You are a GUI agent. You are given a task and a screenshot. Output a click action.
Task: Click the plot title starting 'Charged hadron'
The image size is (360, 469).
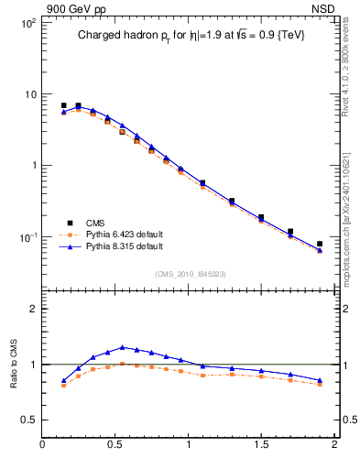click(190, 36)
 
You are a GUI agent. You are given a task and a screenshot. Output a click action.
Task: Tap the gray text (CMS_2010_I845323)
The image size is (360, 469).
click(190, 274)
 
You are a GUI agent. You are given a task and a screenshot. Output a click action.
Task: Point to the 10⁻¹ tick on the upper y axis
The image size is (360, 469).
click(28, 237)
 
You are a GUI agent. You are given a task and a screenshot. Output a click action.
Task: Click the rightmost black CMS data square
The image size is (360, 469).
click(320, 244)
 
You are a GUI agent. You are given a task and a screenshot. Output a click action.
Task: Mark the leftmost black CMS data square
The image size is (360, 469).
click(63, 105)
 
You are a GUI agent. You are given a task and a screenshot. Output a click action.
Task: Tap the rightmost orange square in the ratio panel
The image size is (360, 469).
click(320, 385)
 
